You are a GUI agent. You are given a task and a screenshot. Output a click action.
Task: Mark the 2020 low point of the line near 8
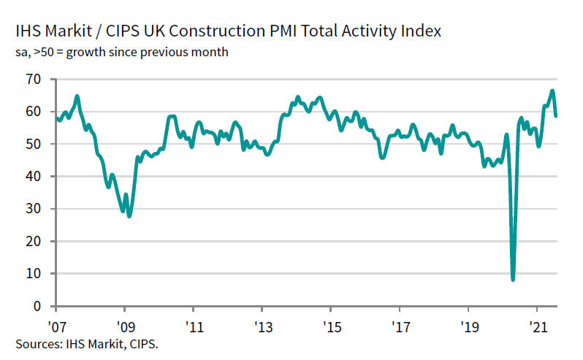click(513, 279)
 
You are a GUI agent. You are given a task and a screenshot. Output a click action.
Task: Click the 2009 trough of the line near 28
click(129, 216)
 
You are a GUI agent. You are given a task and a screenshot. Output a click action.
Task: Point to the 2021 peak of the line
click(552, 91)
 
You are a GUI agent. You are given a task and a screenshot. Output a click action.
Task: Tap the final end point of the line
click(556, 115)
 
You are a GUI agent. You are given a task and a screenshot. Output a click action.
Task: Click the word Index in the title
click(419, 33)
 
